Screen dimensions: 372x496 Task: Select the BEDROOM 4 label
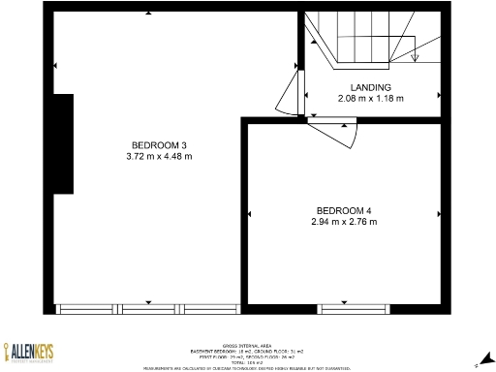click(344, 211)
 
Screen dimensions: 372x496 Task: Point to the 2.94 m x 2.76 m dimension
click(344, 222)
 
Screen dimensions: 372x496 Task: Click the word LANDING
click(371, 87)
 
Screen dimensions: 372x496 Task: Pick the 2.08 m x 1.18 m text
click(371, 98)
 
